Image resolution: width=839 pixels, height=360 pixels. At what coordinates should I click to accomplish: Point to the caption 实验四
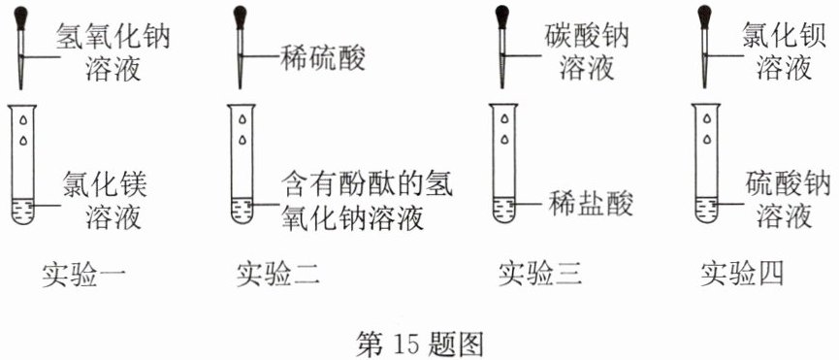pos(742,275)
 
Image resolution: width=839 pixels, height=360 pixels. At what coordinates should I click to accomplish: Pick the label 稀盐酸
pos(591,203)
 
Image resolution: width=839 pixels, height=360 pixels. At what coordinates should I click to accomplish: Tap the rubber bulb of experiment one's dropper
pos(21,17)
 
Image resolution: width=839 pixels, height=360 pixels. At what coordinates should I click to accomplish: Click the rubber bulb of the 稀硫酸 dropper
pos(241,17)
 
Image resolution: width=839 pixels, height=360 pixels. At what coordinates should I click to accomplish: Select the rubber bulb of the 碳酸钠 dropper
pos(501,17)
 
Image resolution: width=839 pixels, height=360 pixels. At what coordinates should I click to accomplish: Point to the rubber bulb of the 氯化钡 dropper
pos(704,17)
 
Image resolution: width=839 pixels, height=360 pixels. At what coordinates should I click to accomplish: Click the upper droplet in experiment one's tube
pos(23,119)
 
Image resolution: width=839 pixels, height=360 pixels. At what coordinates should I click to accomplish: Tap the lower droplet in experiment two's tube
pos(242,140)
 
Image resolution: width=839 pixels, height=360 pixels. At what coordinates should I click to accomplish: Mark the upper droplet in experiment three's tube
pos(504,119)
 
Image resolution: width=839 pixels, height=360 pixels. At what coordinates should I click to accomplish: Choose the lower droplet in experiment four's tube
pos(707,140)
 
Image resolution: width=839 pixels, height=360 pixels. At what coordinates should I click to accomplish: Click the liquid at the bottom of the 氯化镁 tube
pos(23,211)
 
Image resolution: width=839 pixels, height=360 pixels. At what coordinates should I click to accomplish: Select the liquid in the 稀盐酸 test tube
pos(504,210)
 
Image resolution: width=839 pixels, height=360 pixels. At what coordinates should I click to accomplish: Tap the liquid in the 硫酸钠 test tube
pos(706,210)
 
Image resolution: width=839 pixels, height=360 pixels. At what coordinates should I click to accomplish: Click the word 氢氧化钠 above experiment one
pos(113,37)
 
